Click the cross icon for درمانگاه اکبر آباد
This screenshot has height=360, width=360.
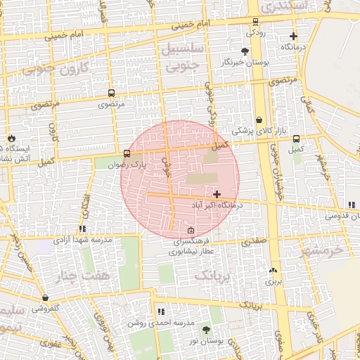[x=217, y=193]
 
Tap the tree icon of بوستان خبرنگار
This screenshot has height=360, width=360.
[x=244, y=51]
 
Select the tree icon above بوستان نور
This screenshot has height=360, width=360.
[x=206, y=329]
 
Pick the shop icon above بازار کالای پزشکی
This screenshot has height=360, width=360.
[x=259, y=120]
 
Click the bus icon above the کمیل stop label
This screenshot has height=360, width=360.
[x=296, y=139]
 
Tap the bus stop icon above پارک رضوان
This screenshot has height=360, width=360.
[x=127, y=153]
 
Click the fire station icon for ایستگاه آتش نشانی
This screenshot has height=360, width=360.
[x=12, y=138]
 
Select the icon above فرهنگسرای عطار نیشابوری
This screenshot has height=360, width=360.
[x=191, y=231]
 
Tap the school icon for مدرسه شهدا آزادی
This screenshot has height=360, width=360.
[x=83, y=229]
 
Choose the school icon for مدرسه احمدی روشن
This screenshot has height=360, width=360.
[x=161, y=311]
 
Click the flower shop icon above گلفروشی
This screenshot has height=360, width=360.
[x=46, y=297]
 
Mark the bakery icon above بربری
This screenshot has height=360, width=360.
[x=273, y=270]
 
